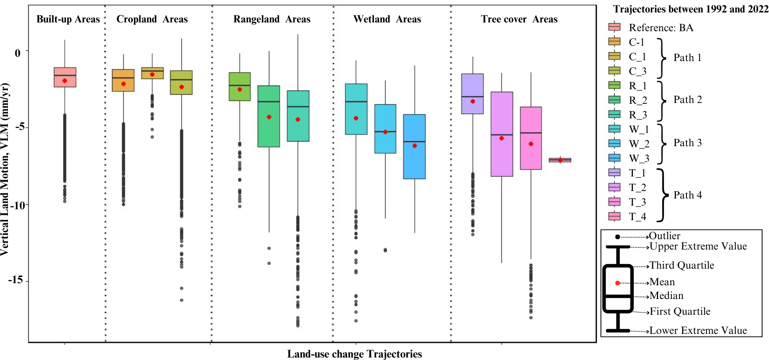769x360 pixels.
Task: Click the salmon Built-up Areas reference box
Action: tap(65, 77)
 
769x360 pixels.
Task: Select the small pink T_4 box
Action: tap(560, 160)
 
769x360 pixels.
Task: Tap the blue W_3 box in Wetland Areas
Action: tap(414, 147)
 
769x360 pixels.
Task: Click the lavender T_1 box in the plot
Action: tap(473, 94)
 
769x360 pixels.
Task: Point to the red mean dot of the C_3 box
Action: tap(181, 87)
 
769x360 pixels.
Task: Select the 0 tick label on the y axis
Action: tap(17, 53)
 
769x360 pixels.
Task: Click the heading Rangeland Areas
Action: tap(272, 19)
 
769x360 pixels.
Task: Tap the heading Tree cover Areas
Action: tap(519, 19)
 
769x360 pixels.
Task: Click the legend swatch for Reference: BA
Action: tap(614, 27)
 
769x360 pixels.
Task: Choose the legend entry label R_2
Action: tap(638, 100)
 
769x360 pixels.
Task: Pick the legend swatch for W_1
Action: tap(614, 129)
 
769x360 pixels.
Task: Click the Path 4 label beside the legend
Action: tap(688, 195)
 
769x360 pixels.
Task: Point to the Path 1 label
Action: tap(688, 58)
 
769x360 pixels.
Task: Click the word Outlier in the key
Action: tap(664, 236)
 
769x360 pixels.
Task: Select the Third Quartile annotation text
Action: tap(681, 265)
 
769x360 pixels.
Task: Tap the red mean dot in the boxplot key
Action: tap(618, 283)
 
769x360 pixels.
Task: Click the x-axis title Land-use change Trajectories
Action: tap(354, 354)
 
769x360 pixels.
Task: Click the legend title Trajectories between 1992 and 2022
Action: tap(691, 9)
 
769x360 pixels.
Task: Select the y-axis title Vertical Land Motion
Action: tap(5, 169)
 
